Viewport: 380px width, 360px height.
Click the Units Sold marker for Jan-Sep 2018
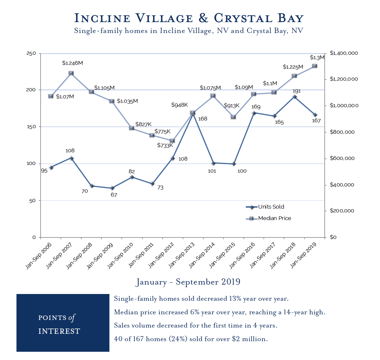point(294,97)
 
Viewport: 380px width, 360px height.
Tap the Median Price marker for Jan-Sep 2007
point(71,73)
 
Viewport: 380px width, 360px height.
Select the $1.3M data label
point(317,58)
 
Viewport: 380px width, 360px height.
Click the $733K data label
point(165,145)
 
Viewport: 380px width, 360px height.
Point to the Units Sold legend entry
point(271,207)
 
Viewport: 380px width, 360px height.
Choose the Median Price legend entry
point(274,218)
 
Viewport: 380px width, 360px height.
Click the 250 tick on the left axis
point(31,53)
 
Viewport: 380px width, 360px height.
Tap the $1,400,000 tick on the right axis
point(344,53)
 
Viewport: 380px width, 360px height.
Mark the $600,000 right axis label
point(342,158)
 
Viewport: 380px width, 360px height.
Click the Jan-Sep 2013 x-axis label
point(182,255)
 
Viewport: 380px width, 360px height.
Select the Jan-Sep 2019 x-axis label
point(304,255)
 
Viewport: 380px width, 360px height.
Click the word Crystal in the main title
point(243,18)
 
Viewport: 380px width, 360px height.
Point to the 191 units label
point(296,91)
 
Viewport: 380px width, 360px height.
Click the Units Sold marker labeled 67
point(112,188)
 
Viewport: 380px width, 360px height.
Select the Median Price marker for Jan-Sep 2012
point(172,141)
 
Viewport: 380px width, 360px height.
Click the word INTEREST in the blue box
point(59,331)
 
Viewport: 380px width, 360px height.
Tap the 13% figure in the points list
point(235,299)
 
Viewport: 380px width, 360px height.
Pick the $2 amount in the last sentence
point(236,339)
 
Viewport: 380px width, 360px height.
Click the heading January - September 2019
point(188,282)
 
